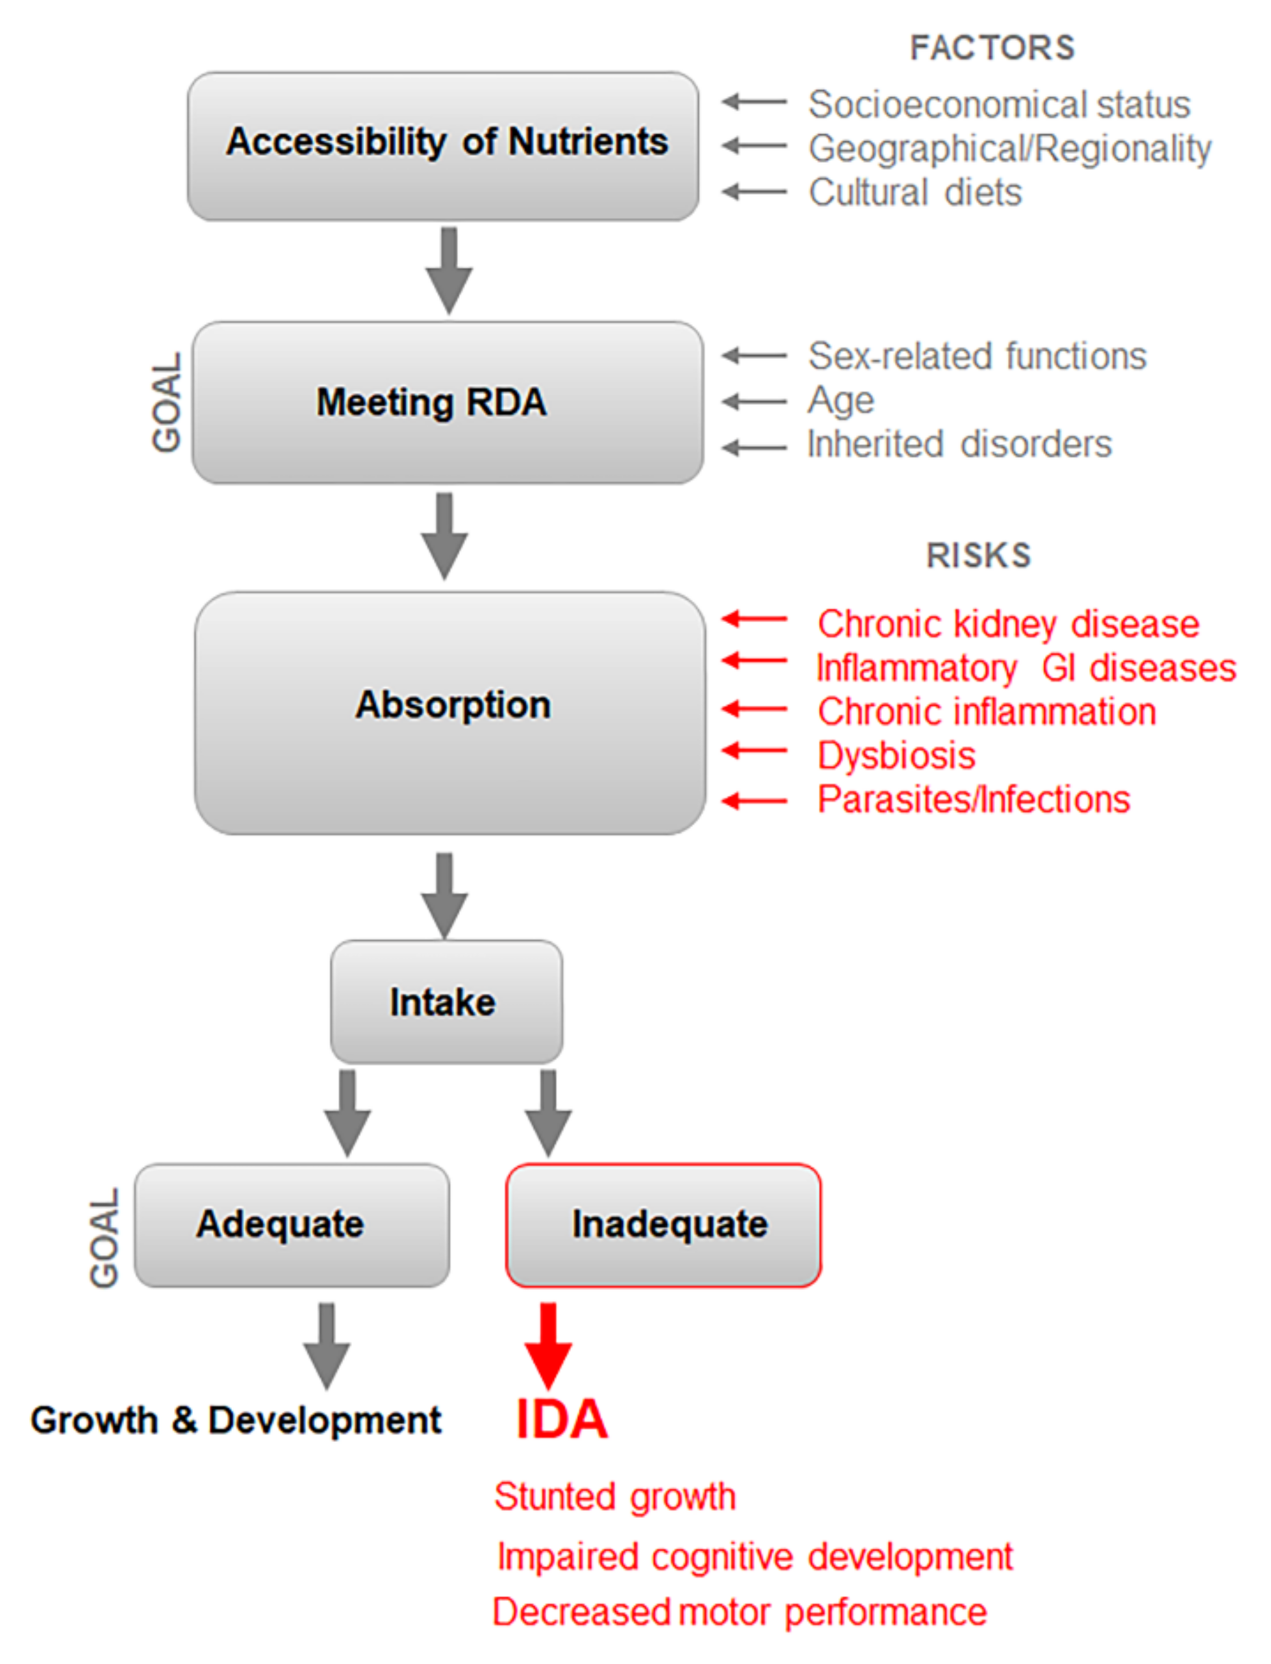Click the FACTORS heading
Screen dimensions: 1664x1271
pos(992,47)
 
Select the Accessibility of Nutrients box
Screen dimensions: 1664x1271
pos(444,146)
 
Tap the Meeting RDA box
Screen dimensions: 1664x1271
pos(446,403)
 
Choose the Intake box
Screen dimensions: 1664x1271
pos(446,1001)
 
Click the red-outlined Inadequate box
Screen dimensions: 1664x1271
pos(664,1224)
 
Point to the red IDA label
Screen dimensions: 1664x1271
pos(561,1419)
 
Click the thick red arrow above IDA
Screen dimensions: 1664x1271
pos(549,1345)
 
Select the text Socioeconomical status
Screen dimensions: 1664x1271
pos(999,105)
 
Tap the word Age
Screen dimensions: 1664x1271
pos(840,400)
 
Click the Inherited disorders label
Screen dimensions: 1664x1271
pos(959,444)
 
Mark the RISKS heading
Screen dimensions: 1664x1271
pos(979,555)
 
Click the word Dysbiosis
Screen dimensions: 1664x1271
pos(896,756)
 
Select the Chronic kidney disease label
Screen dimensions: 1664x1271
pos(1009,624)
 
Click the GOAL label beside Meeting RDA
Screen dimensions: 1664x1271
pos(167,402)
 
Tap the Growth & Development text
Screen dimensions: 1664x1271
pos(236,1420)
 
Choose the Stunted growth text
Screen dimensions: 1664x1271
pos(614,1496)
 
